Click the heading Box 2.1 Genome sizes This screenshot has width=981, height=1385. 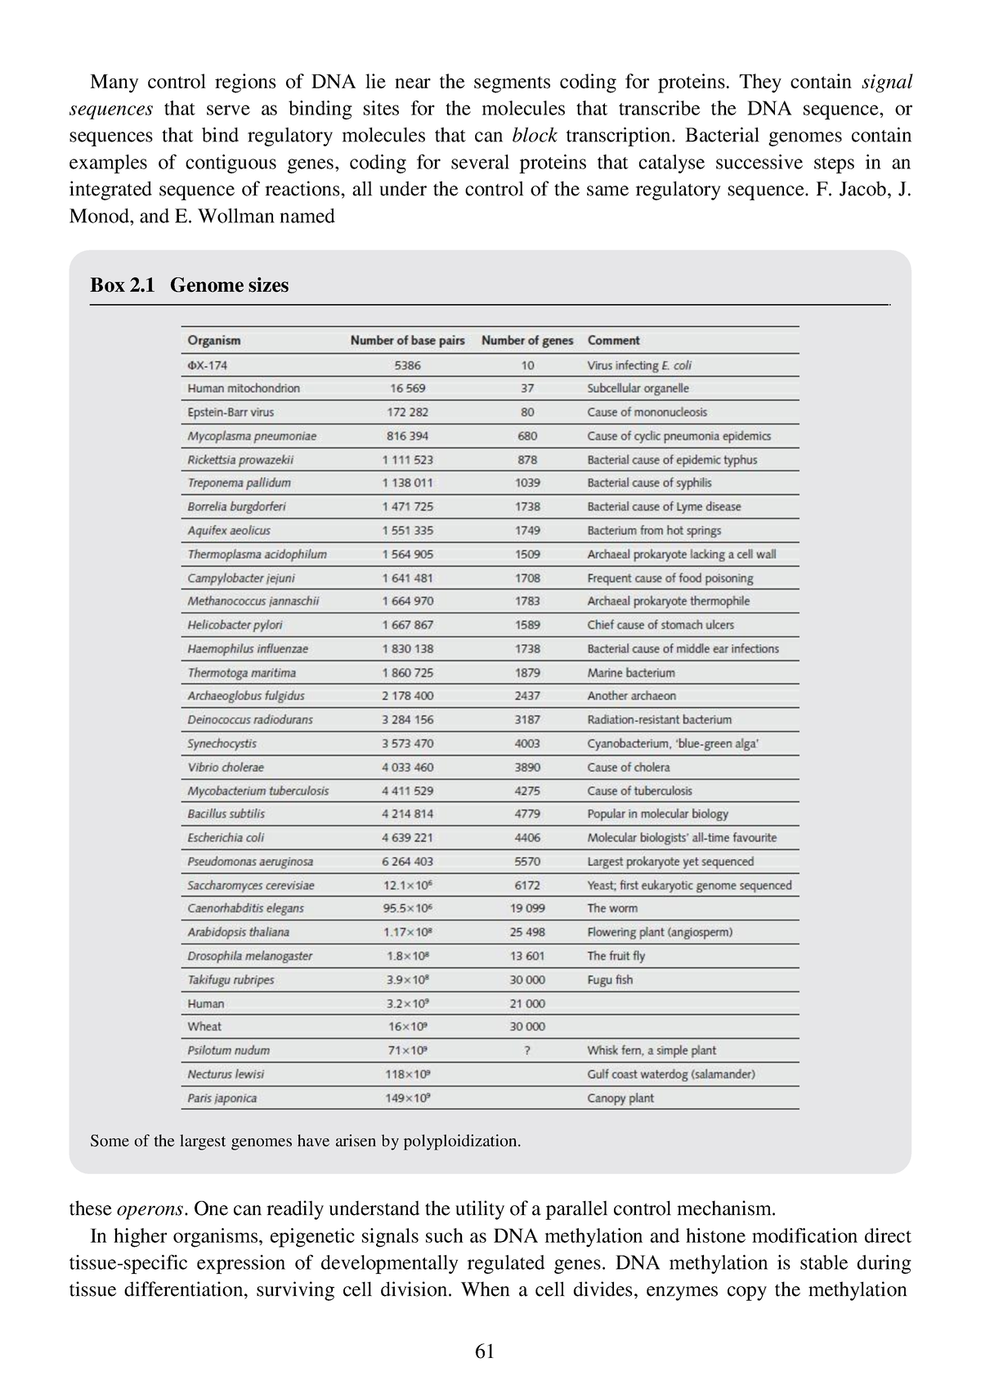(x=189, y=285)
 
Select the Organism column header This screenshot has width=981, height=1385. (x=213, y=340)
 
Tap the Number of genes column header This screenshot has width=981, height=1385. (x=527, y=340)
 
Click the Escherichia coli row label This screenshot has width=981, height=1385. (x=226, y=837)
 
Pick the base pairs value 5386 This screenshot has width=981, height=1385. (x=407, y=365)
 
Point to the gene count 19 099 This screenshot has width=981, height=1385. (x=527, y=908)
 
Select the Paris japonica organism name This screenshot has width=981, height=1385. (x=222, y=1098)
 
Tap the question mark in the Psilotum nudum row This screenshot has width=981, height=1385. (x=527, y=1051)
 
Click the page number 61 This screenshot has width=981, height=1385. (x=484, y=1351)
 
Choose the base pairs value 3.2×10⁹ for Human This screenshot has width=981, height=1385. (x=407, y=1003)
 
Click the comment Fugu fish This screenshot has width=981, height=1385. (x=610, y=979)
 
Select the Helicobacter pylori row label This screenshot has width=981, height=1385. (x=235, y=625)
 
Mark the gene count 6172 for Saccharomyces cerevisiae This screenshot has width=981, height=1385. (x=527, y=885)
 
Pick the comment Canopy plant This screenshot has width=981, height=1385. (x=620, y=1098)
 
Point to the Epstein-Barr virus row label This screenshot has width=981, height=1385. (x=231, y=412)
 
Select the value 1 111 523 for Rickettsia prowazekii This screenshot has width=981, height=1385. (x=407, y=459)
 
